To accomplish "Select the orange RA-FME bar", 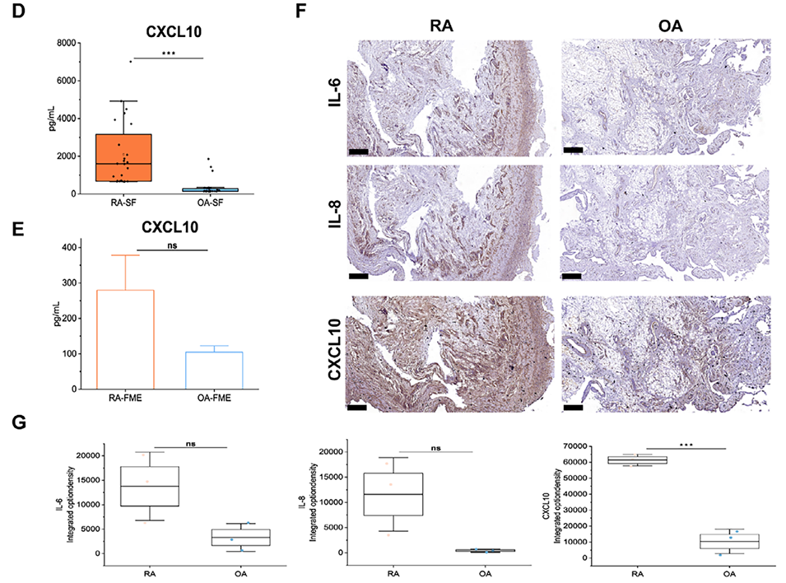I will pos(127,338).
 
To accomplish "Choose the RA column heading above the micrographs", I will pos(444,23).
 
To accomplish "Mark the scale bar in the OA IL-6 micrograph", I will pos(573,151).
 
